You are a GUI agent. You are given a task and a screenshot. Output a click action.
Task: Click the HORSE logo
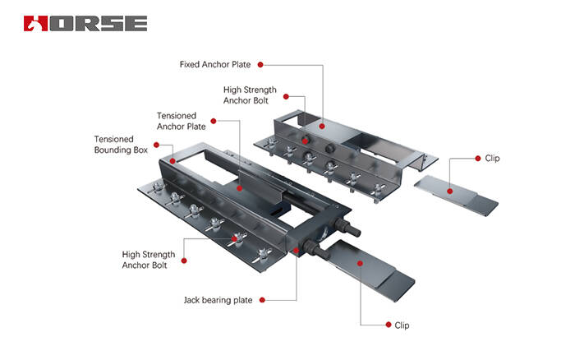tap(85, 22)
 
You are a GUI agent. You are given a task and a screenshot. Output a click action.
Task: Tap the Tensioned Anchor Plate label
tap(182, 121)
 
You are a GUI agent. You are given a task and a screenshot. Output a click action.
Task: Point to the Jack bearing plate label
tap(218, 301)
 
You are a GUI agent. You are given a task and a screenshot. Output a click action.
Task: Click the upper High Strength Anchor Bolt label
tap(249, 95)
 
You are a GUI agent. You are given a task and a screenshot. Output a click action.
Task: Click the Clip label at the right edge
tap(492, 159)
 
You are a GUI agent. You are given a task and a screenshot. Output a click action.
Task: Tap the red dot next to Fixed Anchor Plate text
tap(260, 63)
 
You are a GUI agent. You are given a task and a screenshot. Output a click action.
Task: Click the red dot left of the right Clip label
tap(476, 159)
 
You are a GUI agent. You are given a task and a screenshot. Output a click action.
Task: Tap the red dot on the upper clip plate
tap(449, 190)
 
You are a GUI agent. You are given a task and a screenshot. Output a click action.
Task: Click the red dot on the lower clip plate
tap(359, 261)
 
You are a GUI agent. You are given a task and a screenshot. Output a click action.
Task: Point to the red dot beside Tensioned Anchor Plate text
tap(214, 121)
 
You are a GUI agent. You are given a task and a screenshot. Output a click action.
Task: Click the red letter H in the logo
tap(34, 23)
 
